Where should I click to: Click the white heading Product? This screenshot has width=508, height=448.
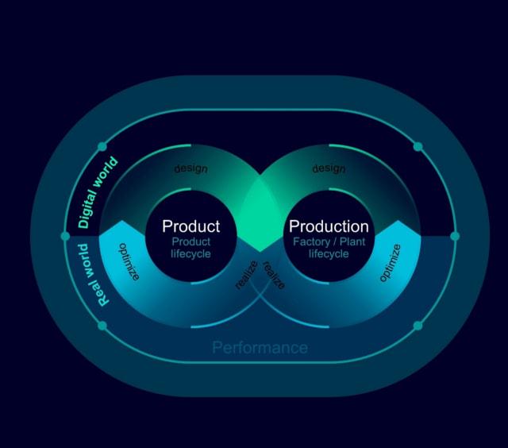190,226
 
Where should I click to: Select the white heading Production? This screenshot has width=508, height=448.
329,226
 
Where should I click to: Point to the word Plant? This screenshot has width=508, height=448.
352,241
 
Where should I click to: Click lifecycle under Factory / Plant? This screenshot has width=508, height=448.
329,254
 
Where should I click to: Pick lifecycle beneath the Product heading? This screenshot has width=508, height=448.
190,254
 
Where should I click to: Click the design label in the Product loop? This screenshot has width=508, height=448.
190,168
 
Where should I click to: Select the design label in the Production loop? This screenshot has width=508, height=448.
329,168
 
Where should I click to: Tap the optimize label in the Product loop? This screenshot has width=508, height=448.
129,261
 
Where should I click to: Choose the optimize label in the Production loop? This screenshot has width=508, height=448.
390,263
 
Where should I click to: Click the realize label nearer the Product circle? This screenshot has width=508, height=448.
247,275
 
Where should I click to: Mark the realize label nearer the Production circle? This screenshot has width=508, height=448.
273,275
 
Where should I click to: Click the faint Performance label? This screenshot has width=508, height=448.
260,347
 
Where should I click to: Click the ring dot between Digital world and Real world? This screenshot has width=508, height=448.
65,236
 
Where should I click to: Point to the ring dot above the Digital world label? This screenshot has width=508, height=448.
102,147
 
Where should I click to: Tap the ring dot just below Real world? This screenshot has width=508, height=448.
102,326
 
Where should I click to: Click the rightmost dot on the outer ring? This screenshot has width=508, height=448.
455,236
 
